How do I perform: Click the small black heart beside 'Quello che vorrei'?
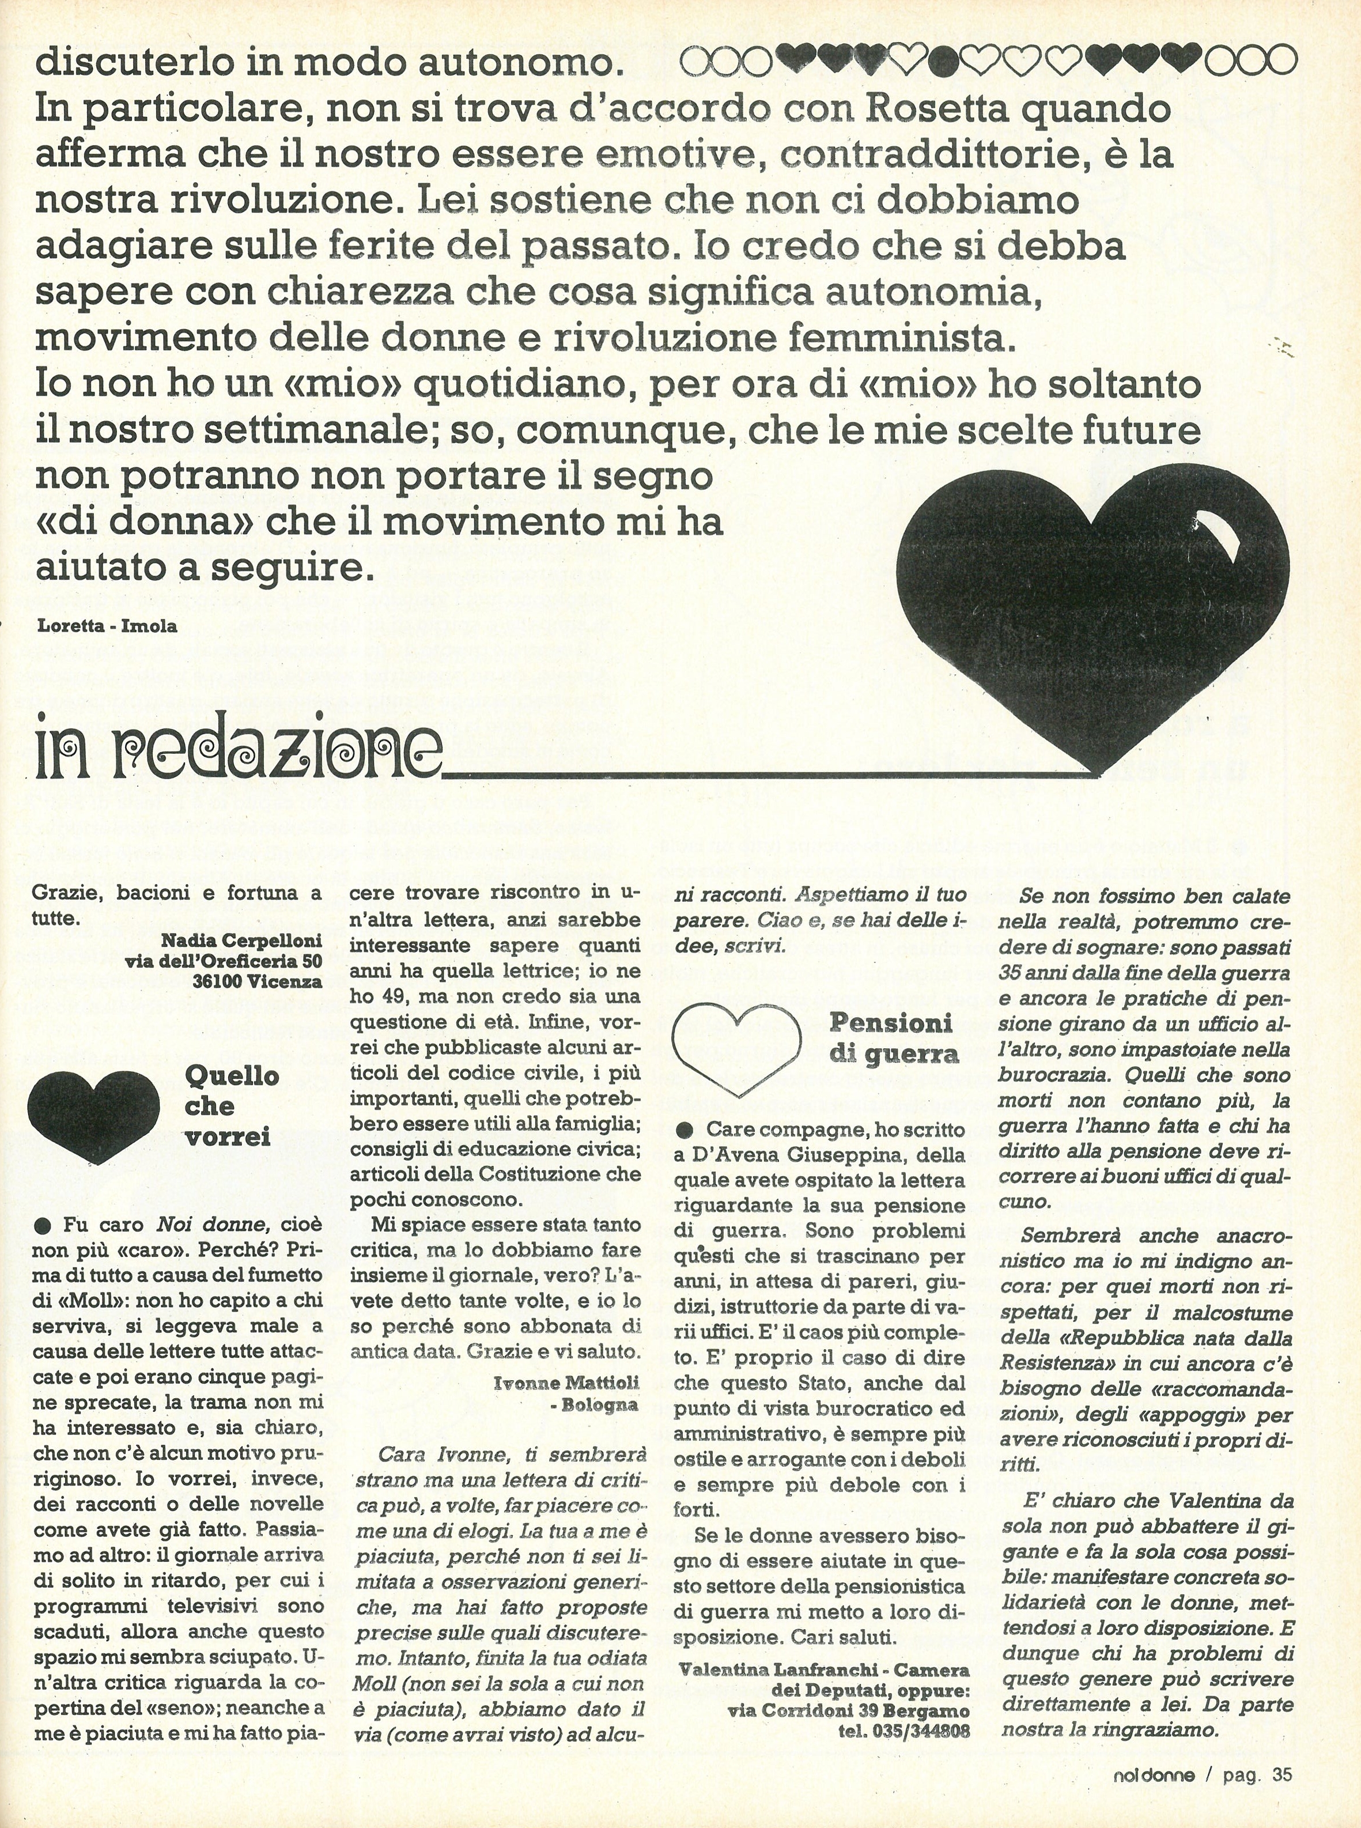pos(94,1113)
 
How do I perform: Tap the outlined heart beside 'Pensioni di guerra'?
pos(736,1048)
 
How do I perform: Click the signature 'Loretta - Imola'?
pos(107,625)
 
